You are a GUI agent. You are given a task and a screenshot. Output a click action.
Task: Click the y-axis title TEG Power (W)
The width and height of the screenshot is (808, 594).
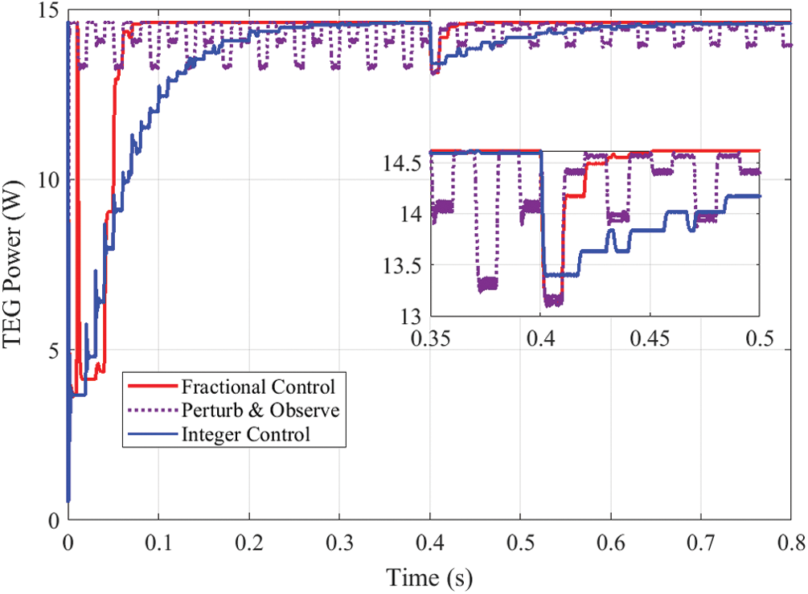click(17, 266)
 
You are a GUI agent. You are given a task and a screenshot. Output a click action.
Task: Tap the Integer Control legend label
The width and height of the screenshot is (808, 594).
click(245, 435)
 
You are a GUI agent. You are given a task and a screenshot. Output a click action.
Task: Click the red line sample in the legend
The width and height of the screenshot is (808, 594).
click(151, 386)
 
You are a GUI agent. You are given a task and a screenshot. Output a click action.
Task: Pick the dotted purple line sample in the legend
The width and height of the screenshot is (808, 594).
click(151, 411)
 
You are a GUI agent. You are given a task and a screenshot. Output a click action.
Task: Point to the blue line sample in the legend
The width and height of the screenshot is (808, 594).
click(151, 436)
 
